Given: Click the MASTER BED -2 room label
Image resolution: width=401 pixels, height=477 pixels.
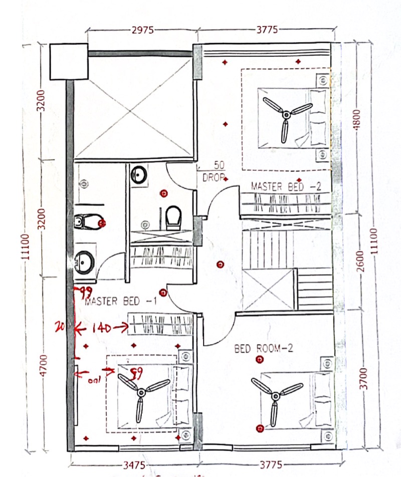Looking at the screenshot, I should click(x=286, y=186).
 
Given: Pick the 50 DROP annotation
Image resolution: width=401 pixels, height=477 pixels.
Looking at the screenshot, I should click(x=213, y=171).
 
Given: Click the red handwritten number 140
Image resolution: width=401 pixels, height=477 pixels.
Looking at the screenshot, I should click(x=101, y=328).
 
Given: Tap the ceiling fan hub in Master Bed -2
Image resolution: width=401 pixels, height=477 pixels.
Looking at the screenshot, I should click(x=286, y=115).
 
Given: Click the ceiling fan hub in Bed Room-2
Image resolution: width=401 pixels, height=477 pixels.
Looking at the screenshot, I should click(x=274, y=396).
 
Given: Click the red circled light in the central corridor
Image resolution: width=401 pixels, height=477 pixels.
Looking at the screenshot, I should click(x=219, y=265).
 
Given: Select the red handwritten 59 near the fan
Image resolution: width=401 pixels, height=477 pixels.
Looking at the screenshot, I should click(x=135, y=371).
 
